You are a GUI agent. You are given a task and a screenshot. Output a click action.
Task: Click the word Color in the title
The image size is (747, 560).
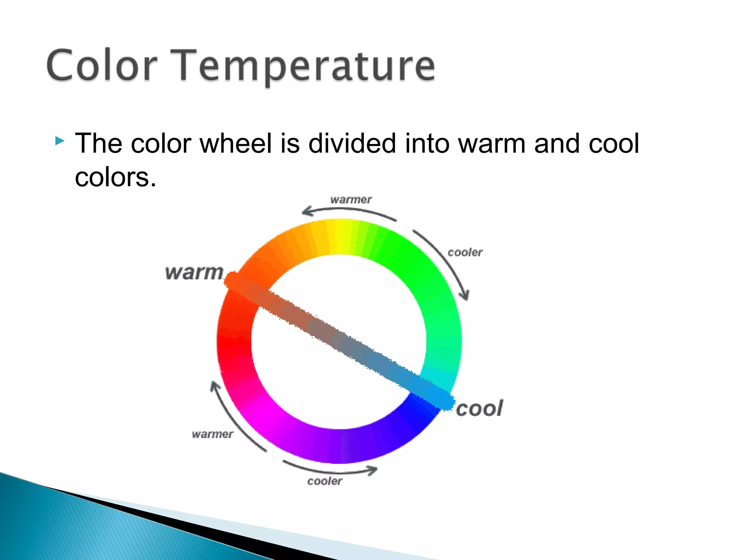[102, 66]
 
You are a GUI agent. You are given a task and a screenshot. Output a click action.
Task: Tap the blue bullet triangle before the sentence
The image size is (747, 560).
[60, 141]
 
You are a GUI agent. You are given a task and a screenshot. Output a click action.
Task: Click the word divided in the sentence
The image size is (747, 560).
[352, 143]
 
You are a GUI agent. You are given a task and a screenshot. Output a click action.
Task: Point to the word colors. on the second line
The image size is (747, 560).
[115, 177]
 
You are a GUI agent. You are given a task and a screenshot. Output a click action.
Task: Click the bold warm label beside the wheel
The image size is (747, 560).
[194, 273]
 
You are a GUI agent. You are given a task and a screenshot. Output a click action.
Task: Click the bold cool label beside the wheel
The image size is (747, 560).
[479, 408]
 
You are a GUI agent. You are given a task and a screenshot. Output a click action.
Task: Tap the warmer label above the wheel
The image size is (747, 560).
[351, 200]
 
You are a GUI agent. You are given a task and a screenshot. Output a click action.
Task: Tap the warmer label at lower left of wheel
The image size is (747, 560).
[212, 434]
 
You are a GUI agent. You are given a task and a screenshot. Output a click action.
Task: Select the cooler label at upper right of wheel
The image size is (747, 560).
[465, 252]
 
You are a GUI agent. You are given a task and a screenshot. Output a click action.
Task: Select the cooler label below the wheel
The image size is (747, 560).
[325, 481]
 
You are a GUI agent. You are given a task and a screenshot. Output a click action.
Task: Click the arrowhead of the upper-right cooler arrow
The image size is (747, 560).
[465, 295]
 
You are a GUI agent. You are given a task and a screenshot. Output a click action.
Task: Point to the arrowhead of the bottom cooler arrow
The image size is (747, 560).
[373, 470]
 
